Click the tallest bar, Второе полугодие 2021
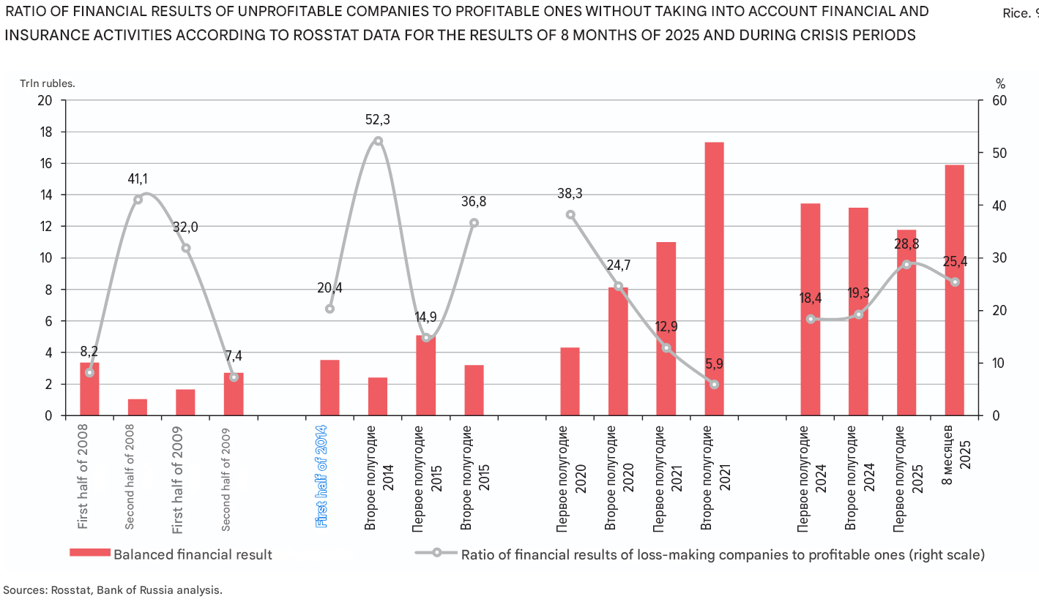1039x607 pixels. pyautogui.click(x=714, y=279)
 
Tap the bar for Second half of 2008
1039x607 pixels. pyautogui.click(x=138, y=407)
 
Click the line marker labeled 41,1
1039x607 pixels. pyautogui.click(x=138, y=200)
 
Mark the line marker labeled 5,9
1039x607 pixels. pyautogui.click(x=714, y=385)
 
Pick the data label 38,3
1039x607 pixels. pyautogui.click(x=570, y=194)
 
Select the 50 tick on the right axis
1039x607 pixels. pyautogui.click(x=1000, y=154)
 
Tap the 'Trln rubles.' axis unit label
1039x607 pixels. pyautogui.click(x=47, y=83)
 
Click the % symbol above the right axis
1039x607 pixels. pyautogui.click(x=1001, y=83)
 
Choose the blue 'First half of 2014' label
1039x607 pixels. pyautogui.click(x=321, y=476)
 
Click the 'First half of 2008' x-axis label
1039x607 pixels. pyautogui.click(x=83, y=476)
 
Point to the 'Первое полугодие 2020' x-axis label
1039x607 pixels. pyautogui.click(x=570, y=476)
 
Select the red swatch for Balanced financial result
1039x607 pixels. pyautogui.click(x=89, y=553)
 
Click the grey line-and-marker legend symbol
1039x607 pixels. pyautogui.click(x=436, y=553)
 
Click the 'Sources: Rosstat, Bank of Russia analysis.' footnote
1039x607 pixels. pyautogui.click(x=113, y=589)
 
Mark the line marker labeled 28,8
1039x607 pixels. pyautogui.click(x=906, y=264)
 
